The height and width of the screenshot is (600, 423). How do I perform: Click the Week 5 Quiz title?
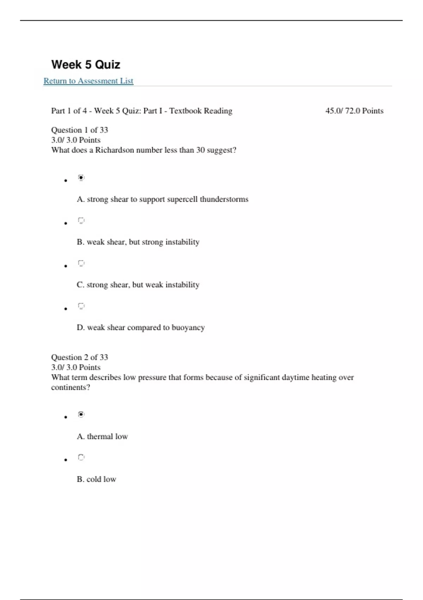tap(86, 65)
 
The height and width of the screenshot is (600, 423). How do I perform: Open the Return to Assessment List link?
tap(88, 81)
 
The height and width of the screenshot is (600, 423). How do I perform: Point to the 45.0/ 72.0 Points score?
tap(354, 111)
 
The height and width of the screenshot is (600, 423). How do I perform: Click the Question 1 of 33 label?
tap(79, 130)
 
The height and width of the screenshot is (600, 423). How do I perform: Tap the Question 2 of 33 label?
tap(79, 357)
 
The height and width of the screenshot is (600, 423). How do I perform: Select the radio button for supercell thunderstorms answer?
tap(81, 178)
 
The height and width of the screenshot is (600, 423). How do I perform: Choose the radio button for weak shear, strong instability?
tap(81, 221)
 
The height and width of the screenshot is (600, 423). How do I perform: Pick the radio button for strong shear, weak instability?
tap(81, 263)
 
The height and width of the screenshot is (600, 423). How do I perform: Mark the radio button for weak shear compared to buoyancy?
tap(81, 306)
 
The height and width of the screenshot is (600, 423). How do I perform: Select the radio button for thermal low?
tap(81, 414)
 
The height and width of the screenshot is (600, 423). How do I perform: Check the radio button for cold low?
tap(81, 457)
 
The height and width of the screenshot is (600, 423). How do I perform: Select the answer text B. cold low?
tap(96, 479)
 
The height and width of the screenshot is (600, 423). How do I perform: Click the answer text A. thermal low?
tap(102, 437)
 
